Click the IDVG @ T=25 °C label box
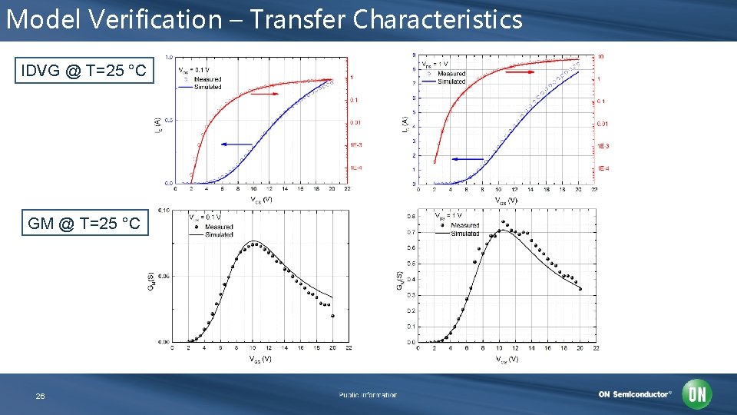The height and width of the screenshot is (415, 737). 84,71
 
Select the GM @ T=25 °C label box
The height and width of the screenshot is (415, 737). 84,223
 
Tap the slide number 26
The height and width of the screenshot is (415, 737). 40,396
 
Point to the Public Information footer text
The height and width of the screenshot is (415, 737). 368,395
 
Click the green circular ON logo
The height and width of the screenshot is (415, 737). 698,394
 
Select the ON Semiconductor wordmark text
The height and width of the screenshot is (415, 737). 634,394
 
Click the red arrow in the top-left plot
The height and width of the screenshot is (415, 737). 265,94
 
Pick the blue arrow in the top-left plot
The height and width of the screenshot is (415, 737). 236,144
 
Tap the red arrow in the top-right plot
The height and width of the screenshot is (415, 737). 521,71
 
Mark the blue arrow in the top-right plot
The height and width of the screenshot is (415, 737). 467,158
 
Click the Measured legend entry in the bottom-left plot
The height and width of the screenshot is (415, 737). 218,227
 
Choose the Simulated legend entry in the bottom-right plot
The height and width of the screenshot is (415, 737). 464,233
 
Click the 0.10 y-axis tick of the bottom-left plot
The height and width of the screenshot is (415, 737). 164,210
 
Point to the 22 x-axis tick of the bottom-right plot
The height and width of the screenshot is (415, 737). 596,348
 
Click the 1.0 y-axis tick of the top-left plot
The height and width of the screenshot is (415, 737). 167,57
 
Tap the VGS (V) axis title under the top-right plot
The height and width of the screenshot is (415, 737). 506,201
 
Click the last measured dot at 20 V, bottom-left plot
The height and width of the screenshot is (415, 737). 332,316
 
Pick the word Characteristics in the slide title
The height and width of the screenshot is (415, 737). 438,19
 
